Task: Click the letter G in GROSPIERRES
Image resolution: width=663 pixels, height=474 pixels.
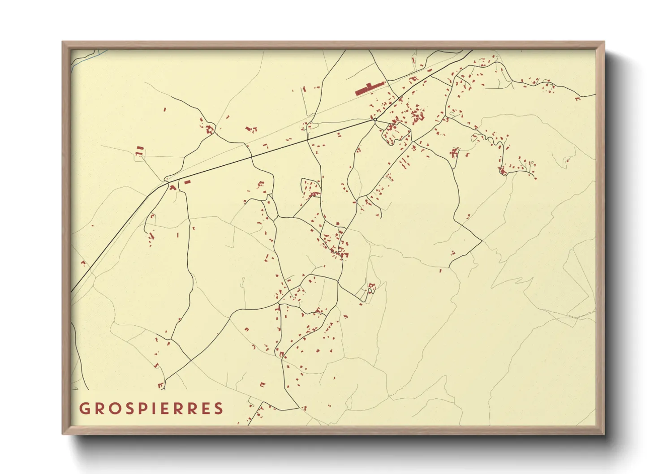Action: pyautogui.click(x=84, y=409)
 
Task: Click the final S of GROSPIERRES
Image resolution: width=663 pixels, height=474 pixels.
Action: pyautogui.click(x=218, y=409)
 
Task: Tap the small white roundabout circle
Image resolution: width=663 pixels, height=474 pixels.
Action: pyautogui.click(x=375, y=120)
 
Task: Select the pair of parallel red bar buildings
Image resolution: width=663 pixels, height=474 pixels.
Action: pyautogui.click(x=140, y=148)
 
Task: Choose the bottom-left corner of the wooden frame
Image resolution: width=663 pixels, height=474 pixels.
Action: pyautogui.click(x=63, y=434)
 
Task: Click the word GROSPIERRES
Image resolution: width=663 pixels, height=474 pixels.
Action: pyautogui.click(x=151, y=409)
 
